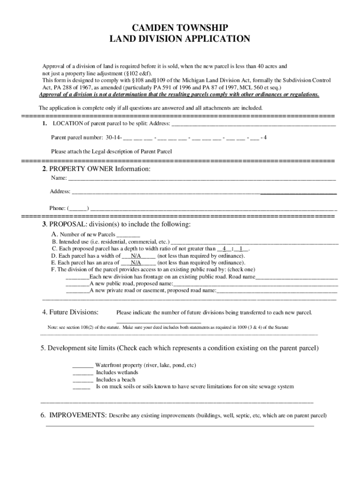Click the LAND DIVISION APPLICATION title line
[x=180, y=39]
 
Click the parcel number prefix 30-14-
[x=114, y=138]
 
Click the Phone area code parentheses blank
[x=78, y=208]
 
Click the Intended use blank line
[x=255, y=242]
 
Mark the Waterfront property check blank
[x=83, y=365]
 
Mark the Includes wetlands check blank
[x=83, y=373]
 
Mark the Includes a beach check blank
[x=83, y=380]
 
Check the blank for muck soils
[x=82, y=387]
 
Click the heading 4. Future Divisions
[x=70, y=312]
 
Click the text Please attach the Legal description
[x=111, y=152]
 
